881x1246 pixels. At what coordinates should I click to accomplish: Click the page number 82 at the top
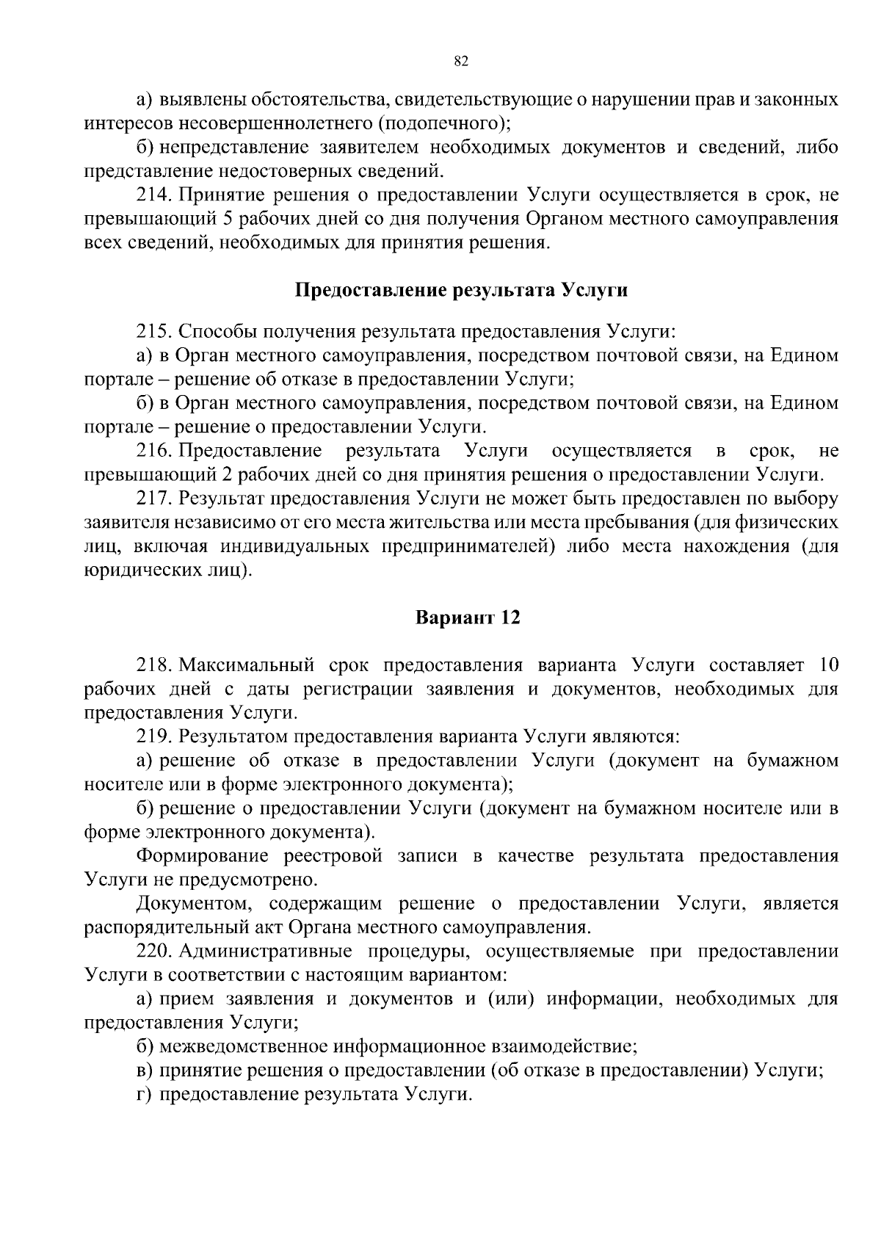[461, 62]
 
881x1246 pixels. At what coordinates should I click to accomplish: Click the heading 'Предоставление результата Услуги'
[461, 290]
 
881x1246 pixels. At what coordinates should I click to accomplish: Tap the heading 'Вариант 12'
[468, 617]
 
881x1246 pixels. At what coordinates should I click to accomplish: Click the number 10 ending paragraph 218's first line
[827, 665]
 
